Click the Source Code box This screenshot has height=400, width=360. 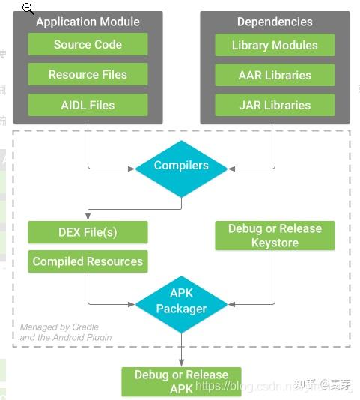tap(88, 45)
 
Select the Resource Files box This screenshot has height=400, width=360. tap(88, 75)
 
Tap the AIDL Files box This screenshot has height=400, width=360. tap(88, 105)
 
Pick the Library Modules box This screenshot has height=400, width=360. tap(275, 45)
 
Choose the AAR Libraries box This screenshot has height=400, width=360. tap(275, 75)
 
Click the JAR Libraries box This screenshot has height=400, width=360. tap(275, 105)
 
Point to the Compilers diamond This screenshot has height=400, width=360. tap(181, 166)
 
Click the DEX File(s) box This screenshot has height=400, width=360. tap(88, 232)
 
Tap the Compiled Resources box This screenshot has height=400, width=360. tap(88, 261)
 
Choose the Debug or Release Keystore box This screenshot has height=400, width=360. tap(275, 235)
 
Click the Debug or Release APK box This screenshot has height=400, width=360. tap(181, 381)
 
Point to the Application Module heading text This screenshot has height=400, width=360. tap(88, 22)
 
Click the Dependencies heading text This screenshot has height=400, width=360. tap(275, 22)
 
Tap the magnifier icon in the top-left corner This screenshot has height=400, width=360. tap(28, 8)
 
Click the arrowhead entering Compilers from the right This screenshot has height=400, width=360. tap(231, 168)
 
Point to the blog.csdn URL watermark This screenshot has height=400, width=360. tap(247, 385)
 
